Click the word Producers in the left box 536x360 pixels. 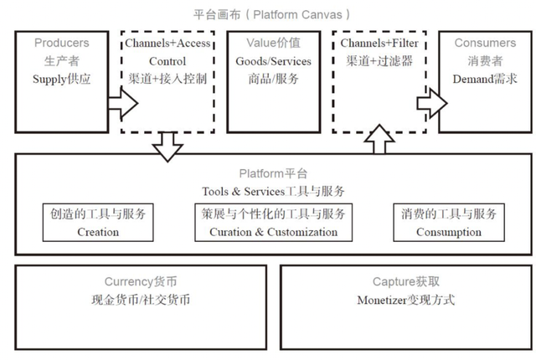click(x=61, y=43)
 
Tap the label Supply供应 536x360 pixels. click(x=61, y=80)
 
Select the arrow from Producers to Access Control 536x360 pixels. click(x=121, y=104)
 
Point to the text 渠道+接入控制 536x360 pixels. click(x=167, y=80)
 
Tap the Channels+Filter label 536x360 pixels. click(x=379, y=43)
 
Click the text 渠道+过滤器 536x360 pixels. click(x=379, y=61)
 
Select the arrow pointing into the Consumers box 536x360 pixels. click(x=430, y=104)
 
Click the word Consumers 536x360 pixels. click(x=485, y=43)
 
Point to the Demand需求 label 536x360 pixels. click(x=485, y=80)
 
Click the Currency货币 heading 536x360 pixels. click(x=141, y=282)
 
